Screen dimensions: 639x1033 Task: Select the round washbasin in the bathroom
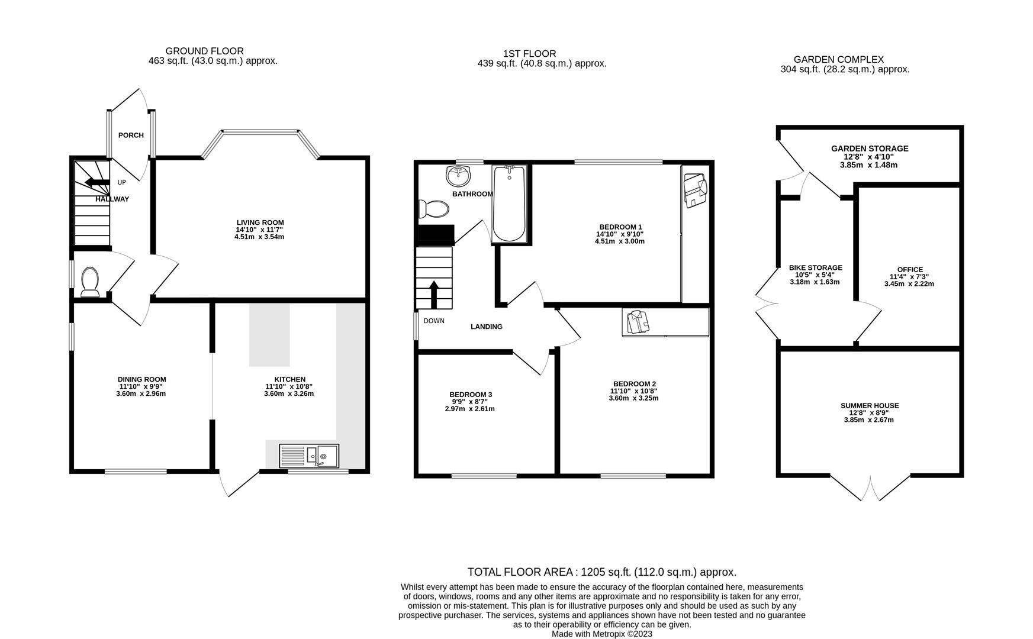tap(458, 175)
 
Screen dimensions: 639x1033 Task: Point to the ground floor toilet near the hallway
tap(90, 282)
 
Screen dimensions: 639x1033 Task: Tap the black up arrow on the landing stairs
tap(433, 294)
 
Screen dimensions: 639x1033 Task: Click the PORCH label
tap(131, 135)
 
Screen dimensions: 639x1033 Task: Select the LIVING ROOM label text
tap(260, 222)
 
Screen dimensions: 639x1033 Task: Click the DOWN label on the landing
tap(434, 321)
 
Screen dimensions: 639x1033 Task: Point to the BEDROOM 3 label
tap(470, 395)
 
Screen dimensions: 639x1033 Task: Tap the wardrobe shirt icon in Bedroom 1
tap(695, 189)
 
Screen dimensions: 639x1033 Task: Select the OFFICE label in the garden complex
tap(909, 269)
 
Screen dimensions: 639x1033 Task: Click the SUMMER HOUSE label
tap(869, 405)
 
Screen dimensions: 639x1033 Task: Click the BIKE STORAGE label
tap(815, 267)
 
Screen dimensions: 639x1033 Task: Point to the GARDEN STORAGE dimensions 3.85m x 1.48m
tap(868, 165)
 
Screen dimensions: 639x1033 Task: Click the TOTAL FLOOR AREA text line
tap(601, 572)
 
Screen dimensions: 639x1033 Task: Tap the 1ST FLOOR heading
tap(529, 54)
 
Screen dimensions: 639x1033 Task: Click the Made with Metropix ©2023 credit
tap(601, 634)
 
